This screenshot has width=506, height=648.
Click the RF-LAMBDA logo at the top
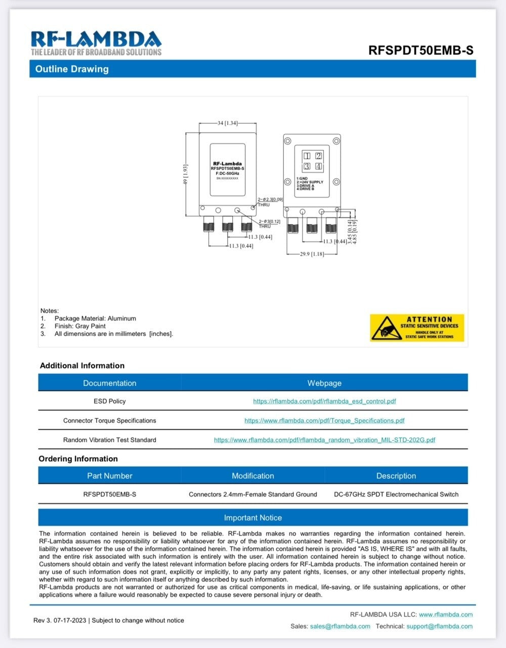pos(96,43)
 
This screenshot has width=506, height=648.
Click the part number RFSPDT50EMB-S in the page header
pos(420,50)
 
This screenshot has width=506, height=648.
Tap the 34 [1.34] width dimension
pos(227,123)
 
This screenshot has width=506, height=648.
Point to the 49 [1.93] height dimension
pos(185,175)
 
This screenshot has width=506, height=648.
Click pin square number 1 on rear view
pos(307,156)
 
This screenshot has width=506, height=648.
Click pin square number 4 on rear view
pos(318,166)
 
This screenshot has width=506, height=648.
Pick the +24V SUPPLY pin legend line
pos(310,182)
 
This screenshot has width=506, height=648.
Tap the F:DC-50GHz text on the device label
pos(227,173)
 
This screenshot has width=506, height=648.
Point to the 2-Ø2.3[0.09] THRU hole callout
pos(270,201)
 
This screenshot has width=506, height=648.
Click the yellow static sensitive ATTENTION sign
pos(416,328)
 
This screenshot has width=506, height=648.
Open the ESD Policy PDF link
pos(324,401)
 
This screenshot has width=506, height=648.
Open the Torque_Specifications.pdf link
pos(324,421)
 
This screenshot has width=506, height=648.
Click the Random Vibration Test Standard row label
pos(109,440)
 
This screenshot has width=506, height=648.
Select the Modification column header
pos(252,476)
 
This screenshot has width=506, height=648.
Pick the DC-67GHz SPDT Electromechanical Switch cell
pos(396,495)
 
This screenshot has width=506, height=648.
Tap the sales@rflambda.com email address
pos(340,626)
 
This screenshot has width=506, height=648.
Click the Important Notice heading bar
pos(252,518)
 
